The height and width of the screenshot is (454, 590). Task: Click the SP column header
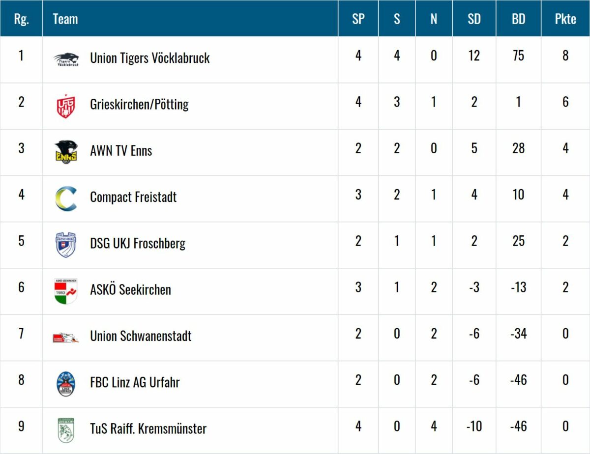[358, 19]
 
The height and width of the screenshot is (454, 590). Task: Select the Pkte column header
[565, 19]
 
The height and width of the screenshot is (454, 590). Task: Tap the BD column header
[518, 19]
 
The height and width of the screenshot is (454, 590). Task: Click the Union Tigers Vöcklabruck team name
[150, 58]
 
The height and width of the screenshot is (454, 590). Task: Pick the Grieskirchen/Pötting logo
[66, 105]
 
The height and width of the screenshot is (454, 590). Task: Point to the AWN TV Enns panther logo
[66, 151]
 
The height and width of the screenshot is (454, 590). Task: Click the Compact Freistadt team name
[133, 197]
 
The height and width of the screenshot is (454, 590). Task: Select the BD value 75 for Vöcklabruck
[518, 56]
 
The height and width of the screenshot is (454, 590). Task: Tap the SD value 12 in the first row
[474, 56]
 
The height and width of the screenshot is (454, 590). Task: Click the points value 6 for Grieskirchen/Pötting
[565, 102]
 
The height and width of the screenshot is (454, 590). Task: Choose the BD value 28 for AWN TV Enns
[518, 148]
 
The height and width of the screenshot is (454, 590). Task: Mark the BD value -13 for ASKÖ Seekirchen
[518, 287]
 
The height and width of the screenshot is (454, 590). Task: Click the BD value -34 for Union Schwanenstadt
[518, 334]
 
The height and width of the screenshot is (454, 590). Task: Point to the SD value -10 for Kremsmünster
[474, 426]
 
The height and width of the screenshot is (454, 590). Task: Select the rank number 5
[21, 241]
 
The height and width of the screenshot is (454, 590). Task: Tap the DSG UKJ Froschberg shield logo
[66, 244]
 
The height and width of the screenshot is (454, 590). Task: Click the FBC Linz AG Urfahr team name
[135, 382]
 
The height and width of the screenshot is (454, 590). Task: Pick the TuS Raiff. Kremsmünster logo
[66, 429]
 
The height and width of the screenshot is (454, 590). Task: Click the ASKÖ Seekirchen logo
[66, 290]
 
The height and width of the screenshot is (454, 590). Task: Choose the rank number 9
[21, 426]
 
